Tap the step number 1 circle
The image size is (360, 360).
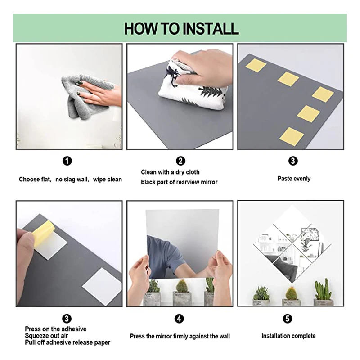(67, 161)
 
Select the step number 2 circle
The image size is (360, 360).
(181, 161)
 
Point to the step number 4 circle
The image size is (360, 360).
(179, 319)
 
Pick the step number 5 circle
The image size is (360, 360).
(288, 319)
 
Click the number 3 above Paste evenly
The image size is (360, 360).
(293, 161)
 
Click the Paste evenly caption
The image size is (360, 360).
(294, 179)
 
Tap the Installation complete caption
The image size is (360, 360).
(288, 336)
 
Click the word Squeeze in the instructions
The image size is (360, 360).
(36, 336)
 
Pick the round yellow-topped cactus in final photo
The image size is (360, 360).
(291, 293)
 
